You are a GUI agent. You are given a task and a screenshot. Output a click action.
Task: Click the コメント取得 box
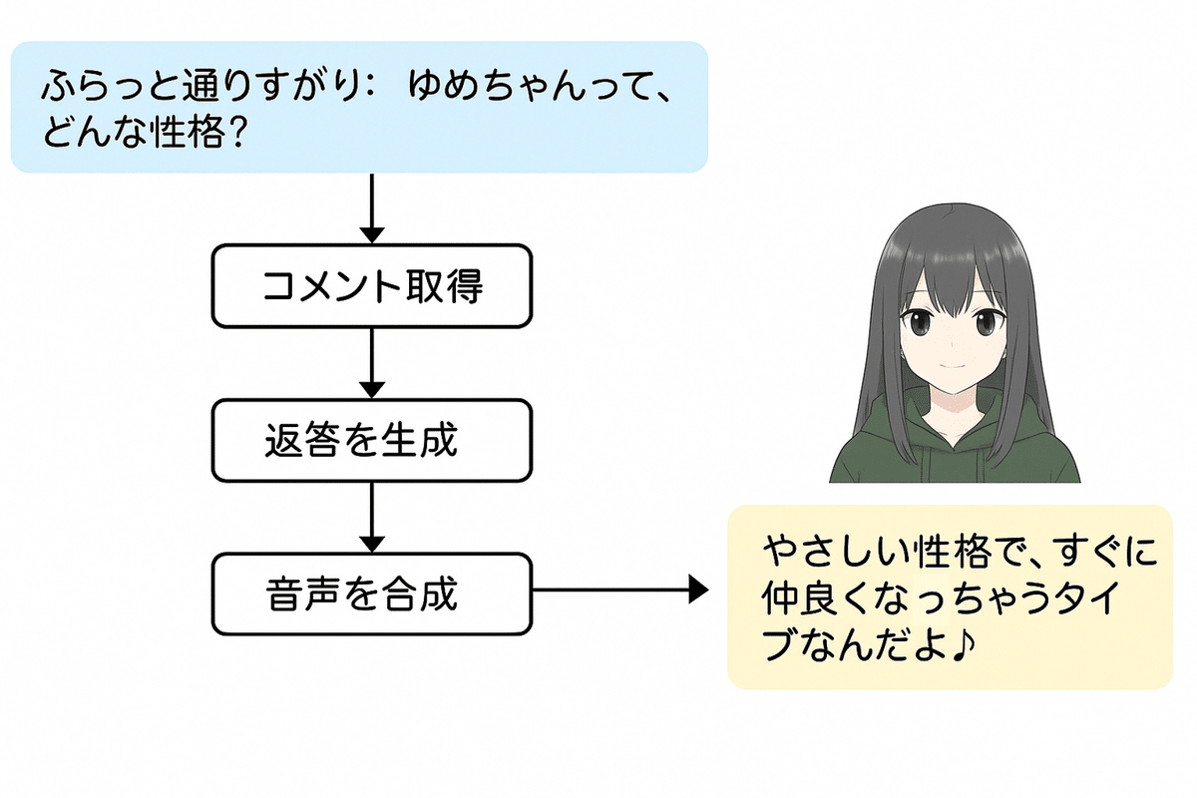371,285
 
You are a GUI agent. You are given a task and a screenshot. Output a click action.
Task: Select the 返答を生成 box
371,440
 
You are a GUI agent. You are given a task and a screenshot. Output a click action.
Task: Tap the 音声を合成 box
371,595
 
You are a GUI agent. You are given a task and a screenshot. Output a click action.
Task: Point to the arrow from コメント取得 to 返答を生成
371,363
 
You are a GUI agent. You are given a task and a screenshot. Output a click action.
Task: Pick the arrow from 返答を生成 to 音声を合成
371,518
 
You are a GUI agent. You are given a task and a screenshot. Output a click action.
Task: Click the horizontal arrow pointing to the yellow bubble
618,591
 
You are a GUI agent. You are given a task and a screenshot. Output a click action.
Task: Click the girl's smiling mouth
952,368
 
